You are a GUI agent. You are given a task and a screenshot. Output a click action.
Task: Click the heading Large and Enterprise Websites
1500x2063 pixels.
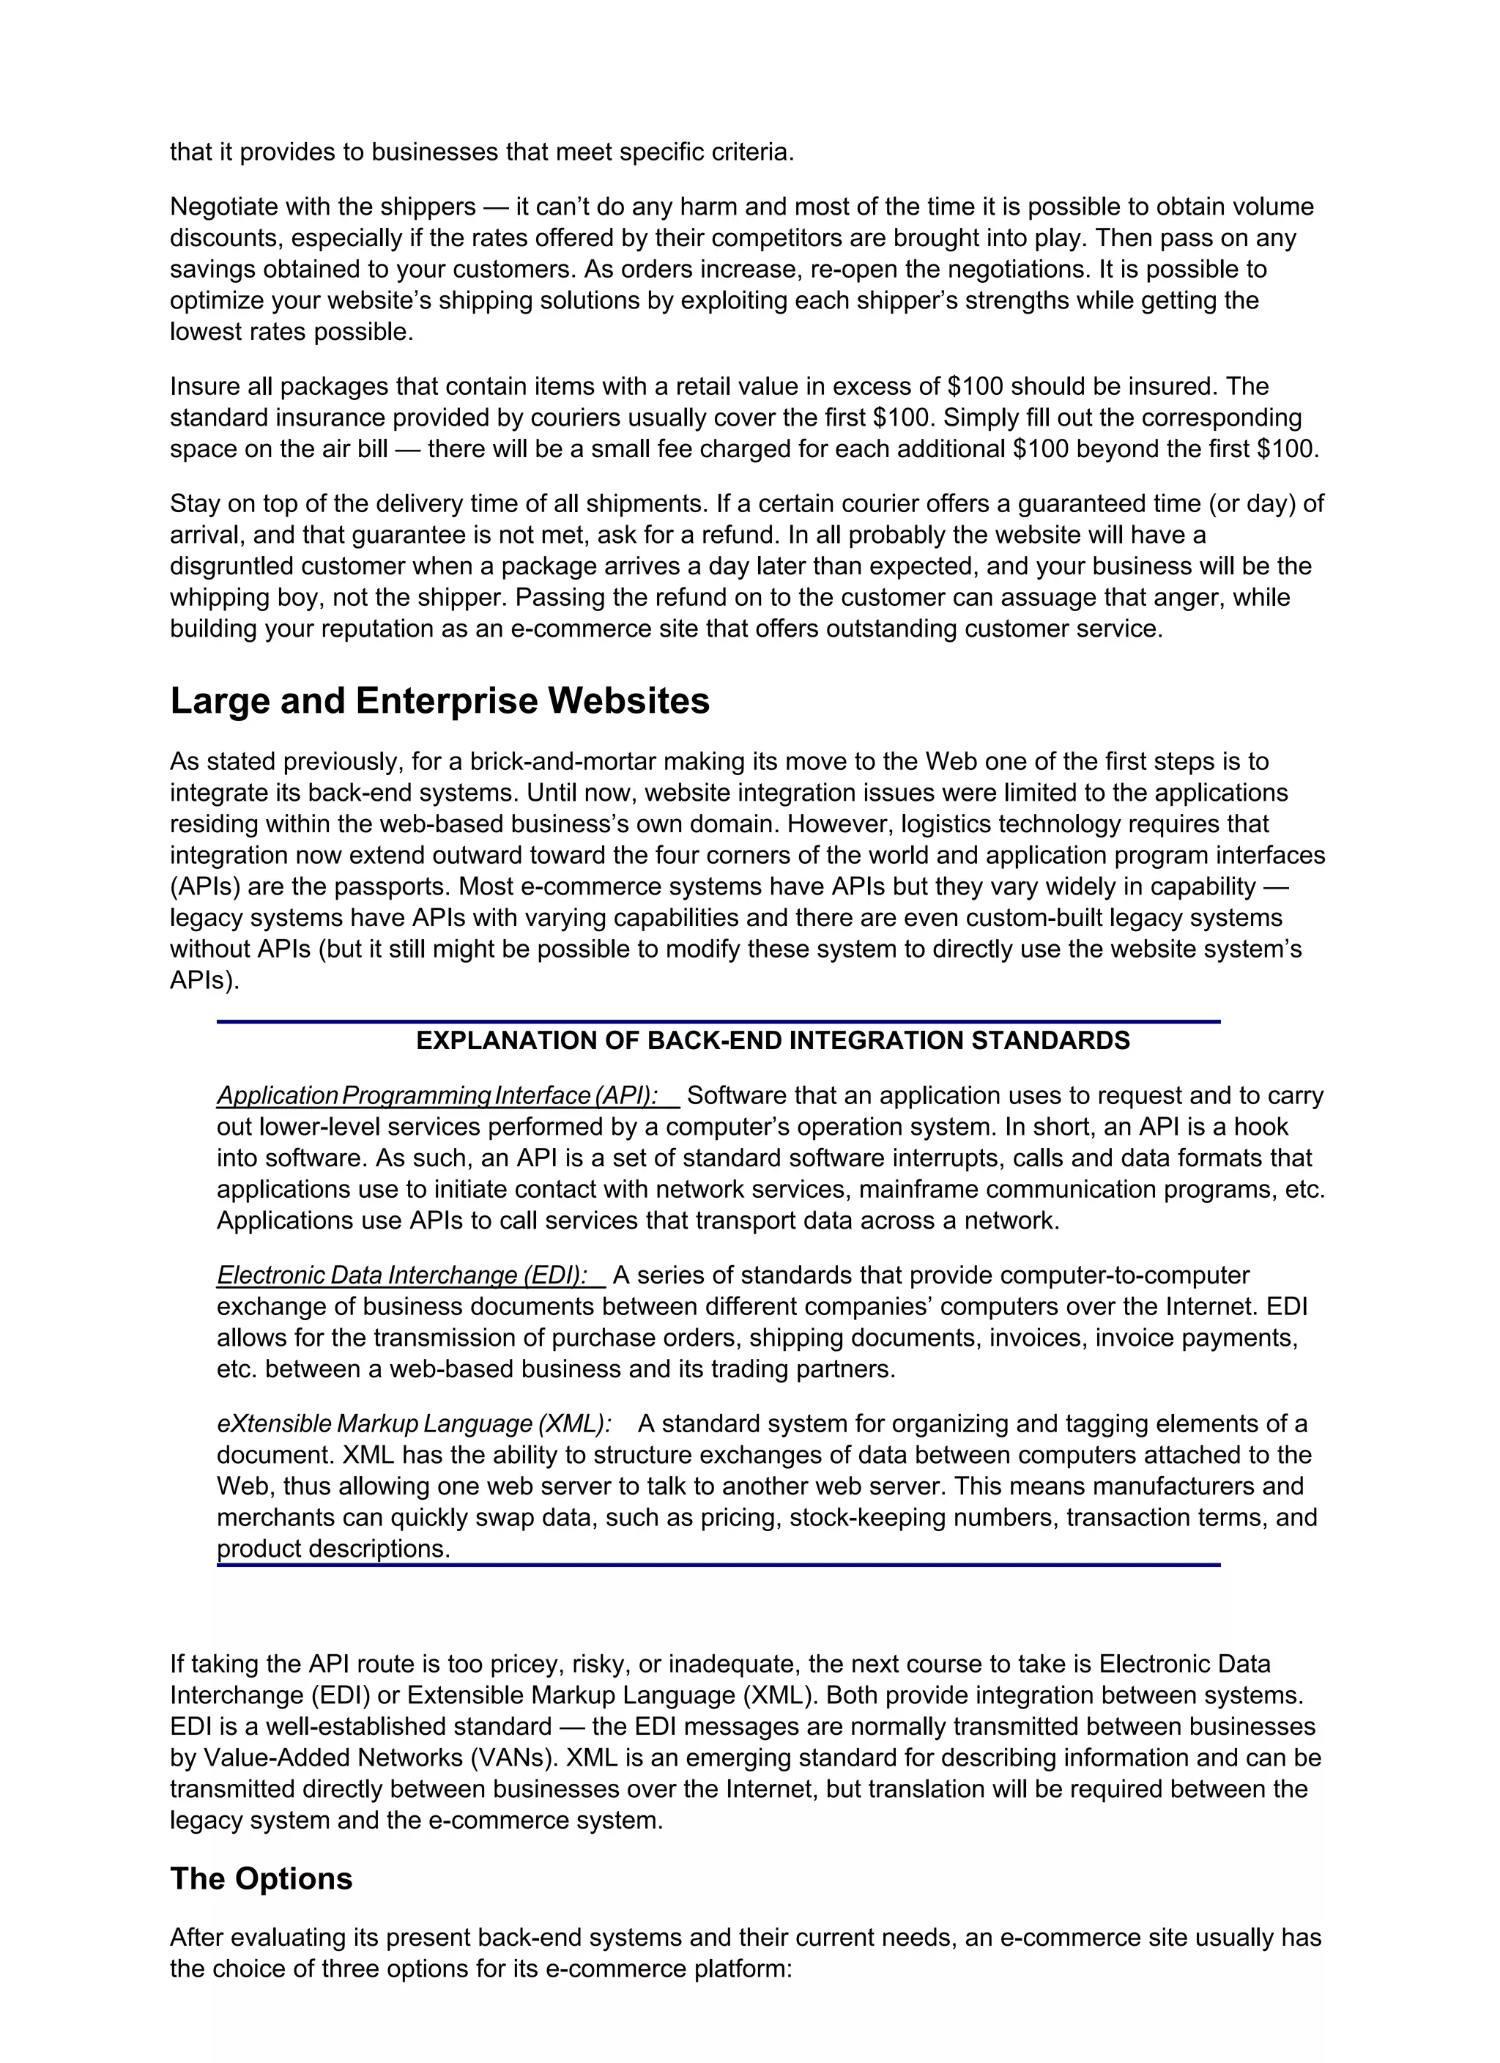(439, 701)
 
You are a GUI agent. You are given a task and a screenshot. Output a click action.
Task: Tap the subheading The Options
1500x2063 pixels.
(261, 1878)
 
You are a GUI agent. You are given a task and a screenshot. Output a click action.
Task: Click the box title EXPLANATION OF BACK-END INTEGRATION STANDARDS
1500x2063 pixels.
(772, 1040)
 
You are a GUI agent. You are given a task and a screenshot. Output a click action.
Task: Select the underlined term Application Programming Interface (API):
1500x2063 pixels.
(437, 1095)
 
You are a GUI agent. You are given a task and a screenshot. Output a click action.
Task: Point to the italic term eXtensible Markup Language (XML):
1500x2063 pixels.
(414, 1423)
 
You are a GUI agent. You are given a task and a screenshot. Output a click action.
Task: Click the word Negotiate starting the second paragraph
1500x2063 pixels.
(226, 207)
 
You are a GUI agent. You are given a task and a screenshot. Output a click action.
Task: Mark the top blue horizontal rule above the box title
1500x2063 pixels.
(718, 1021)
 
